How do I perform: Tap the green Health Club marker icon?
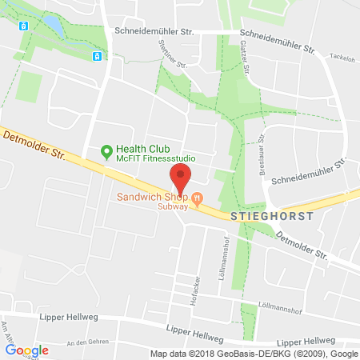(x=106, y=150)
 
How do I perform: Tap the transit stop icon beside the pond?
(x=25, y=25)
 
